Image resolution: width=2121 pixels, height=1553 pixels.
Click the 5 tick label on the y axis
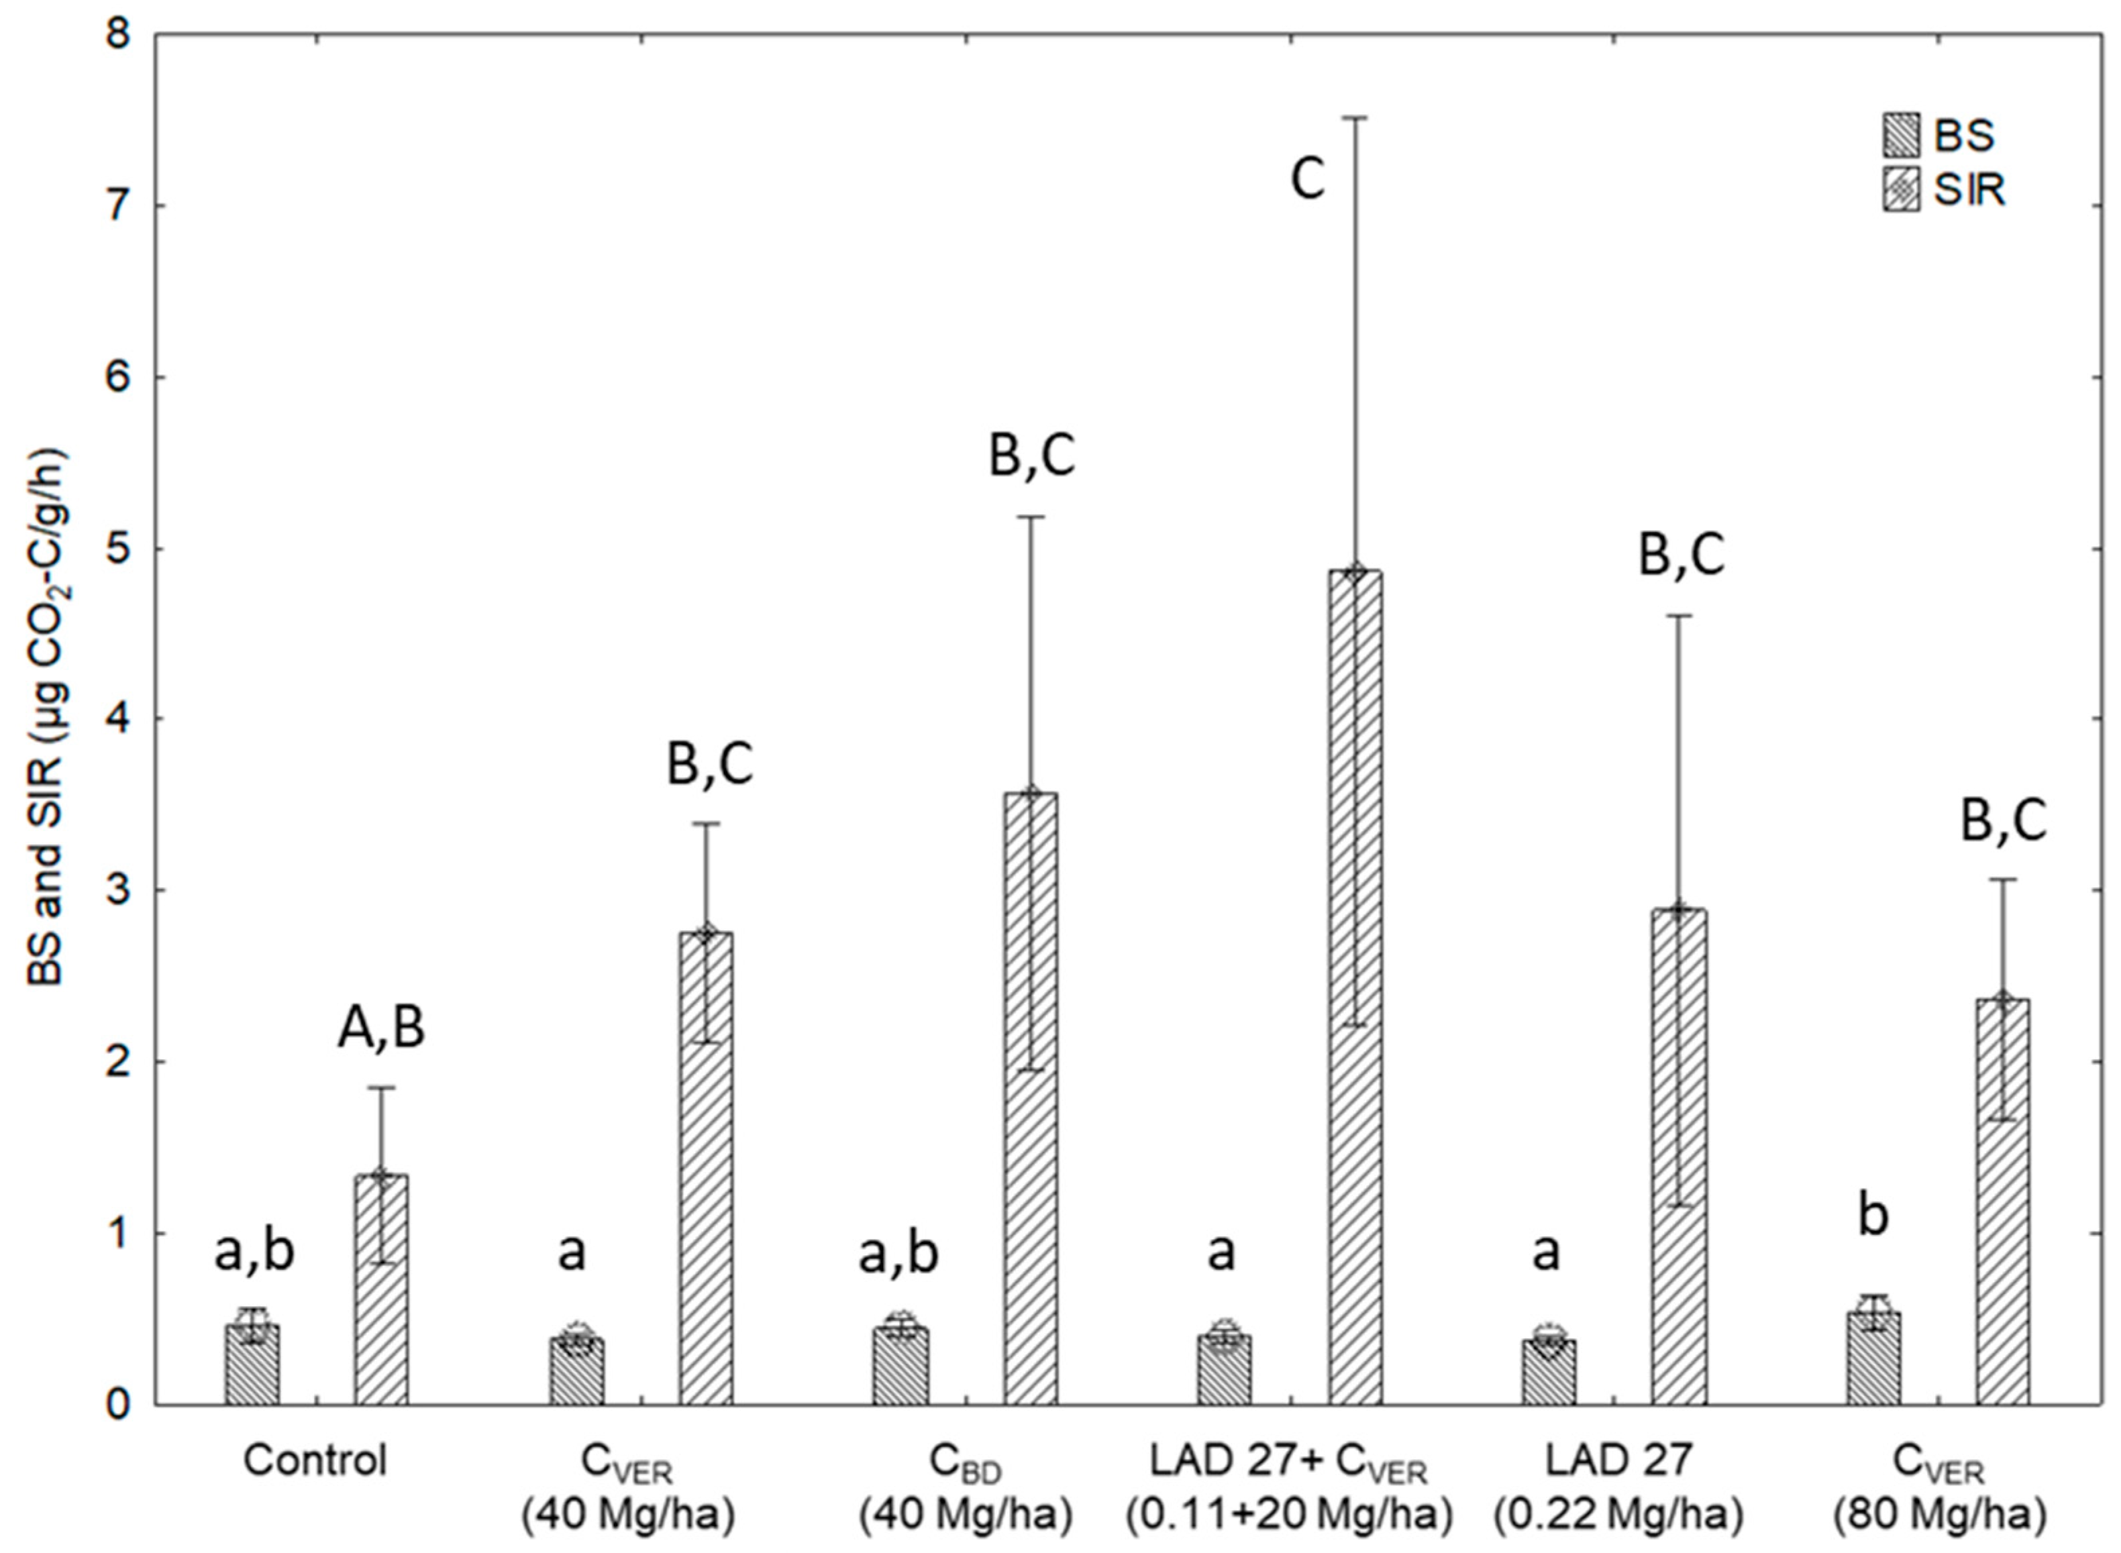119,548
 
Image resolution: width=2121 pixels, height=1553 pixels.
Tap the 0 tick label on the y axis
119,1405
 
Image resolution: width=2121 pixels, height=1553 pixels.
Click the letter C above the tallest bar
1307,178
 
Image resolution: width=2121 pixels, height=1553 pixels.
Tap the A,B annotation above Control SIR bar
380,1028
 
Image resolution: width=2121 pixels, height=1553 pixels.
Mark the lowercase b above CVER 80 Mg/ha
1873,1216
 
